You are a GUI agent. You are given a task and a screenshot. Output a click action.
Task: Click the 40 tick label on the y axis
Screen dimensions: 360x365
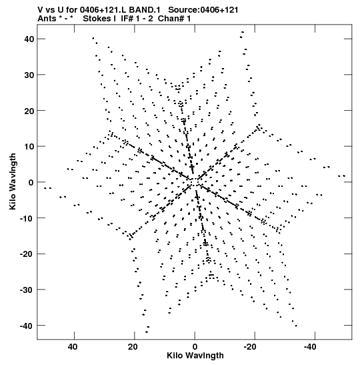tap(29, 39)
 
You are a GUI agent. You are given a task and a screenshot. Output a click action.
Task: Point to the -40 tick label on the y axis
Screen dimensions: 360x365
tap(27, 326)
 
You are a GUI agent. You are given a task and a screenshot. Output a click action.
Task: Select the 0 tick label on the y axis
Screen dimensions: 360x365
tap(31, 182)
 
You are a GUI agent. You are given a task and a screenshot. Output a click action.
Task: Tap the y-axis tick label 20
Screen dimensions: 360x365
tap(29, 111)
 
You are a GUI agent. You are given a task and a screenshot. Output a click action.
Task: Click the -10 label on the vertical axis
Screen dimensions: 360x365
tap(27, 218)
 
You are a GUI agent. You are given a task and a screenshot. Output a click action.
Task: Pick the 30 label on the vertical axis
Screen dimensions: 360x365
tap(29, 75)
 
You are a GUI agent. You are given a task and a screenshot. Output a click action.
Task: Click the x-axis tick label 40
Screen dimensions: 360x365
tap(73, 347)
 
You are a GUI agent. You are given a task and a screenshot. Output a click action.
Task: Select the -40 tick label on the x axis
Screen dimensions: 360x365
tap(310, 347)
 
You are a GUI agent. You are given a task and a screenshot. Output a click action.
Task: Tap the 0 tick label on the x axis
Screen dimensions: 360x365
tap(195, 347)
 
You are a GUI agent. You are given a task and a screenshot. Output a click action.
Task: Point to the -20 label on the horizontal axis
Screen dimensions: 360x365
tap(250, 347)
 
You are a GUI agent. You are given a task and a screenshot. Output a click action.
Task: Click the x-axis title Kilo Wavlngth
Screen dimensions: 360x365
tap(195, 356)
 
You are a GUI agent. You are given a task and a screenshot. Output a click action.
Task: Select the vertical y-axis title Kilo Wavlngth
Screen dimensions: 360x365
tap(13, 181)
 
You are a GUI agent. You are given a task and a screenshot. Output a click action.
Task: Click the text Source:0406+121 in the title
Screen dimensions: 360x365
tap(203, 10)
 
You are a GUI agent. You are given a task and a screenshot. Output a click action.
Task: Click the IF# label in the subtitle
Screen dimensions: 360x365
tap(127, 19)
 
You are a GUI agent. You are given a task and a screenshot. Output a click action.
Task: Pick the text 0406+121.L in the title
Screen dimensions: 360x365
tap(103, 10)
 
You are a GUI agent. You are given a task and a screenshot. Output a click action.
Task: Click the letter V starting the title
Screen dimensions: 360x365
tap(40, 10)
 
